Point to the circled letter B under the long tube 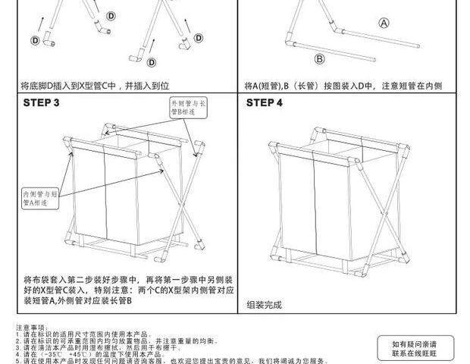pos(320,58)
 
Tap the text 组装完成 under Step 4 pos(264,304)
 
